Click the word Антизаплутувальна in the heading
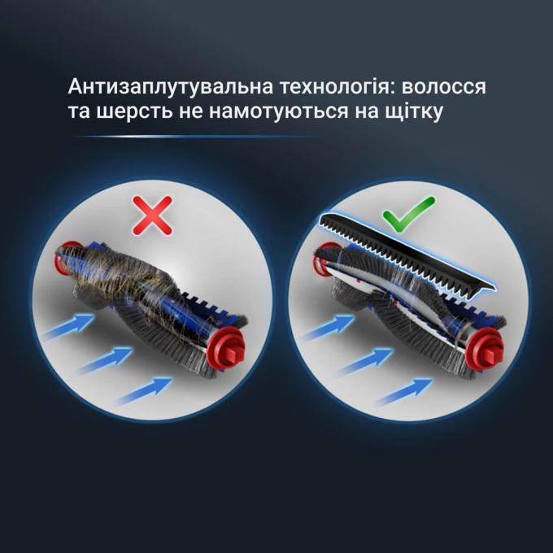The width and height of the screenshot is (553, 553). [x=171, y=87]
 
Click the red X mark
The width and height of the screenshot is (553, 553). [x=152, y=216]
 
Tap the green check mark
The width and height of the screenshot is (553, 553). [x=409, y=215]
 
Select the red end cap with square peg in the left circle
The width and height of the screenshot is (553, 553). [x=225, y=348]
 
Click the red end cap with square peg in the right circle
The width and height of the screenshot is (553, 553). [x=484, y=349]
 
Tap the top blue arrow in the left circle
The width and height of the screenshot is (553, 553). [x=69, y=326]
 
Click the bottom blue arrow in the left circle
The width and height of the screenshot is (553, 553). [x=145, y=390]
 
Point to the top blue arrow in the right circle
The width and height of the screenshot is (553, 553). [x=329, y=327]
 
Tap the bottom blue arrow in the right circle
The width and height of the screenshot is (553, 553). [x=405, y=391]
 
